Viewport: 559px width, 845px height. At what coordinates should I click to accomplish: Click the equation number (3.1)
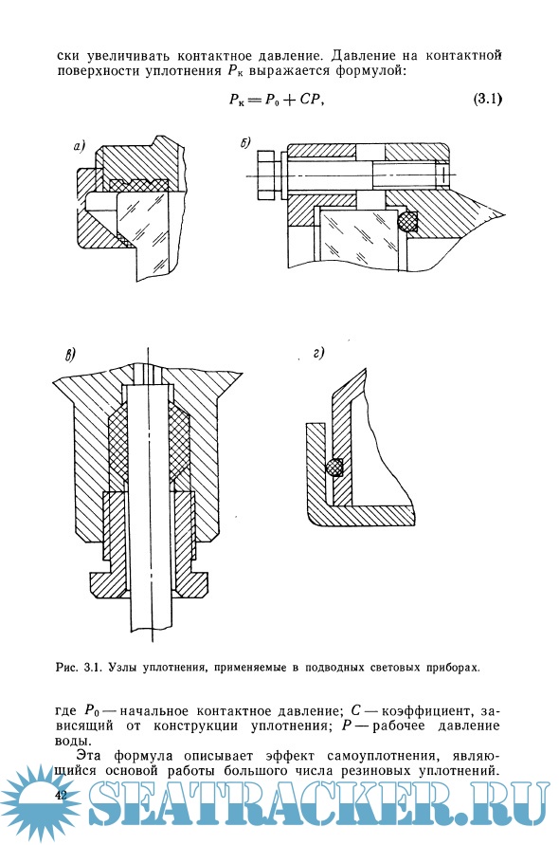487,100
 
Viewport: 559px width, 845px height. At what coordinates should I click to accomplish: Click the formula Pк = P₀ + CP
275,100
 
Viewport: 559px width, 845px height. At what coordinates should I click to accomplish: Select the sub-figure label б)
245,143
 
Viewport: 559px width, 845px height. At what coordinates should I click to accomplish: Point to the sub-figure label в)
70,354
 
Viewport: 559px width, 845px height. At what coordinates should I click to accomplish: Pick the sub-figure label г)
318,354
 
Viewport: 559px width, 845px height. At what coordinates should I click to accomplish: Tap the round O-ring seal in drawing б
408,222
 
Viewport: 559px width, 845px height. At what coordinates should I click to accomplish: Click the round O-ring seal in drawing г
335,467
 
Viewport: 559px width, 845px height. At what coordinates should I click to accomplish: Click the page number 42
61,795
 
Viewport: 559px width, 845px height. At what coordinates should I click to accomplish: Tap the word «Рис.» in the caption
66,668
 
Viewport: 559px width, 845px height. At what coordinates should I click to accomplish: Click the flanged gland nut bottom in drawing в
150,584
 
